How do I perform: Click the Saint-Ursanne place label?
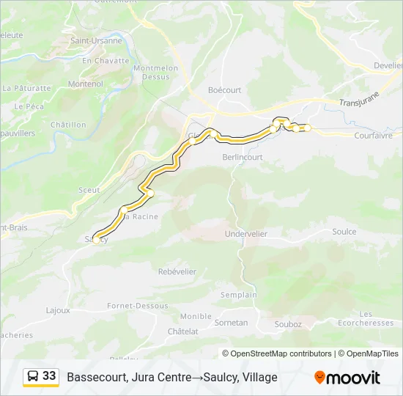pyautogui.click(x=96, y=41)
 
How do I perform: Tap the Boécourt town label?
pyautogui.click(x=224, y=90)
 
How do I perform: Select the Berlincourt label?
pyautogui.click(x=243, y=157)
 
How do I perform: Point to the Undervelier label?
pyautogui.click(x=245, y=234)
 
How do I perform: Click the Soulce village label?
pyautogui.click(x=344, y=232)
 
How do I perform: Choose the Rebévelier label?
pyautogui.click(x=177, y=271)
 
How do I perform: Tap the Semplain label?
pyautogui.click(x=239, y=295)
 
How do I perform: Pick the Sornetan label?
pyautogui.click(x=232, y=322)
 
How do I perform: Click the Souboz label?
pyautogui.click(x=287, y=324)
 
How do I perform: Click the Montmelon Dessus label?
pyautogui.click(x=155, y=72)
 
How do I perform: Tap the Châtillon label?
pyautogui.click(x=68, y=125)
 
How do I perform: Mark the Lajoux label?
pyautogui.click(x=58, y=310)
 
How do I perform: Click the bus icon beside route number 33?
pyautogui.click(x=33, y=376)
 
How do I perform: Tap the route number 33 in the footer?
pyautogui.click(x=49, y=376)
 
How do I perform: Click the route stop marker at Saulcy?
pyautogui.click(x=96, y=239)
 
